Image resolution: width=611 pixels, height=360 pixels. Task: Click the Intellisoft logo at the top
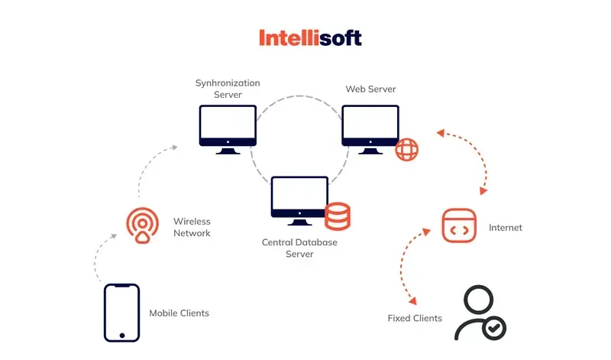pos(310,37)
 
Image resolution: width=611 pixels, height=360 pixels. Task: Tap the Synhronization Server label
pos(228,89)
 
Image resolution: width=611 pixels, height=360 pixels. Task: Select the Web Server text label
pos(370,89)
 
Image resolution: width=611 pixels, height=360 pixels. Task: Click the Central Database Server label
pos(299,248)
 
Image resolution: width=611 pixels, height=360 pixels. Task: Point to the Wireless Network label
pos(192,227)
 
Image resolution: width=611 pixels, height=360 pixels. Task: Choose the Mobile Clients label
pos(179,313)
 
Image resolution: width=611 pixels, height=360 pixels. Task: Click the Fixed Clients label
pos(415,318)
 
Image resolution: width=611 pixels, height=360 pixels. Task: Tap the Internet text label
pos(506,228)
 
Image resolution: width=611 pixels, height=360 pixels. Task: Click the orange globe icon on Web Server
pos(407,149)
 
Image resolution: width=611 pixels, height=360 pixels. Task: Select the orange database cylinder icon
pos(338,216)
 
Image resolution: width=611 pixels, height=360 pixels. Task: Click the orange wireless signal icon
pos(143,225)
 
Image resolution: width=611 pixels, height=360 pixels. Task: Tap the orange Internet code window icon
pos(459,225)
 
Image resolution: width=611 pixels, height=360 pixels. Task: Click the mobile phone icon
pos(121,313)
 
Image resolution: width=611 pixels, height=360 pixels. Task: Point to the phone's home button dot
pos(122,336)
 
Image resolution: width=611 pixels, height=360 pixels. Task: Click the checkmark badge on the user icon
pos(494,328)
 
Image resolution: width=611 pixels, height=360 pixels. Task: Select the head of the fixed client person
pos(479,300)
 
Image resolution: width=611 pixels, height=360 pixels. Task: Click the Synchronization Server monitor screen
pos(228,121)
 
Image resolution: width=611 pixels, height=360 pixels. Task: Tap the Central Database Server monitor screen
pos(299,193)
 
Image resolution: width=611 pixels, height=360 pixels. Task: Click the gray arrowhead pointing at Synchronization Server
pos(175,147)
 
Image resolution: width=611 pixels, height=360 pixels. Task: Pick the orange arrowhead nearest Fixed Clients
pos(413,300)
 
